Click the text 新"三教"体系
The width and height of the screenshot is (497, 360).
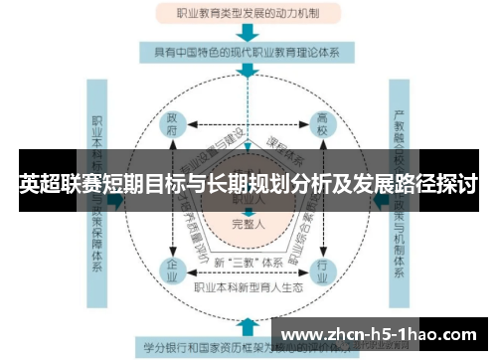247,262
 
